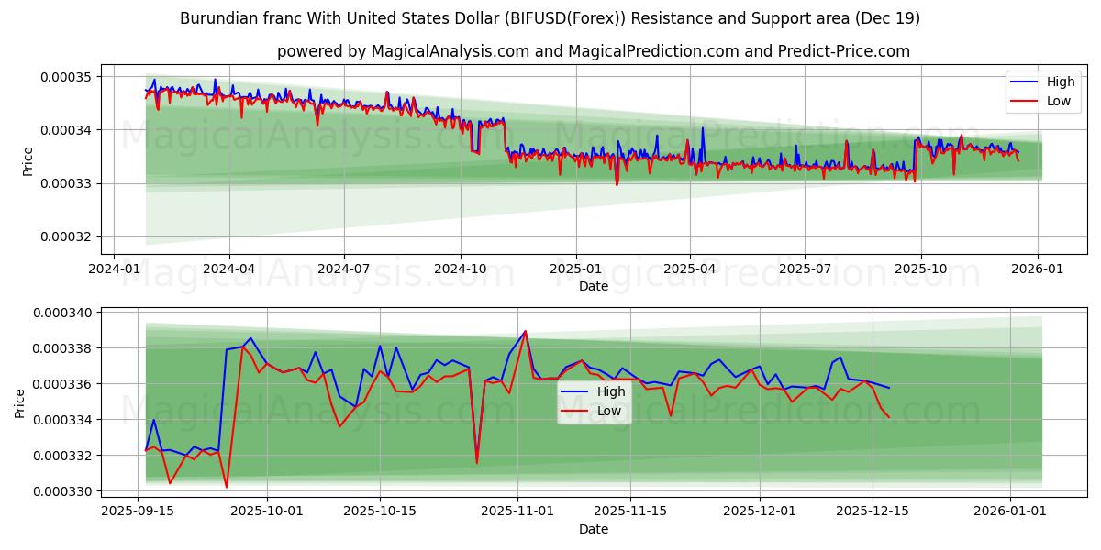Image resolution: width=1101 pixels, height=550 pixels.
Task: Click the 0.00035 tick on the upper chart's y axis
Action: point(64,76)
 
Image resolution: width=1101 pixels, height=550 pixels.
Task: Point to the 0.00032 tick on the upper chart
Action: point(64,236)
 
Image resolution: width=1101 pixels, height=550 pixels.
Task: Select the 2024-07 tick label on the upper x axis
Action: point(343,269)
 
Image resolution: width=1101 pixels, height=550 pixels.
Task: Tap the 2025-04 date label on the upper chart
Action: point(689,269)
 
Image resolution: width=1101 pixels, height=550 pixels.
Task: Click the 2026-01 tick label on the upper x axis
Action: point(1037,269)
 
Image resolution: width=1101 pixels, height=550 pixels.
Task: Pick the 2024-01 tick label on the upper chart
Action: point(113,269)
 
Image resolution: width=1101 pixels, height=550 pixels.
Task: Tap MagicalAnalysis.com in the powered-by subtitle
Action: point(450,51)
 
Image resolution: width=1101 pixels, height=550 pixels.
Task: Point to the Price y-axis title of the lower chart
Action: point(20,402)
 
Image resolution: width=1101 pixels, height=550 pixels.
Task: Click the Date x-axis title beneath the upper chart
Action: point(593,286)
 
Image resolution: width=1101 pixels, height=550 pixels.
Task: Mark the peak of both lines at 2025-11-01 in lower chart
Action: point(525,331)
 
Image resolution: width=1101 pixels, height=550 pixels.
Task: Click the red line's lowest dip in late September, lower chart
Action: point(227,487)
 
